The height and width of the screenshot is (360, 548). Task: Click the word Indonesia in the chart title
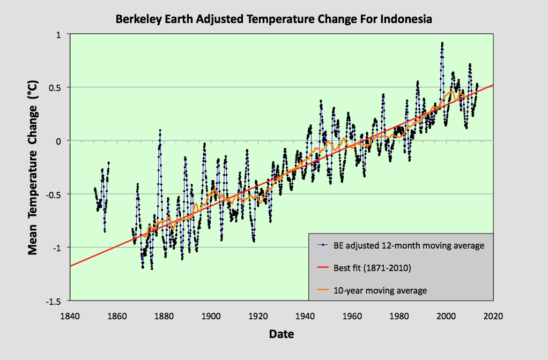(x=406, y=19)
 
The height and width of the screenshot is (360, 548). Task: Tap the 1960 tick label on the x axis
(x=352, y=316)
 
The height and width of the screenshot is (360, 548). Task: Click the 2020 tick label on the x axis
(x=493, y=316)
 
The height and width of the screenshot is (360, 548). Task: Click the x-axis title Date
(x=281, y=335)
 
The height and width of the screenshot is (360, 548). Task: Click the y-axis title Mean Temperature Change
(x=33, y=168)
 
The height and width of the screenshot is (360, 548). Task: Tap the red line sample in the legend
(x=324, y=268)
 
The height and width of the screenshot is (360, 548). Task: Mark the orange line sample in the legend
(x=324, y=290)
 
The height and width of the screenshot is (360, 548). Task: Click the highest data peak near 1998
(x=442, y=43)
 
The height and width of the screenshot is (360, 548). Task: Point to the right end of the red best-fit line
(x=493, y=85)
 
